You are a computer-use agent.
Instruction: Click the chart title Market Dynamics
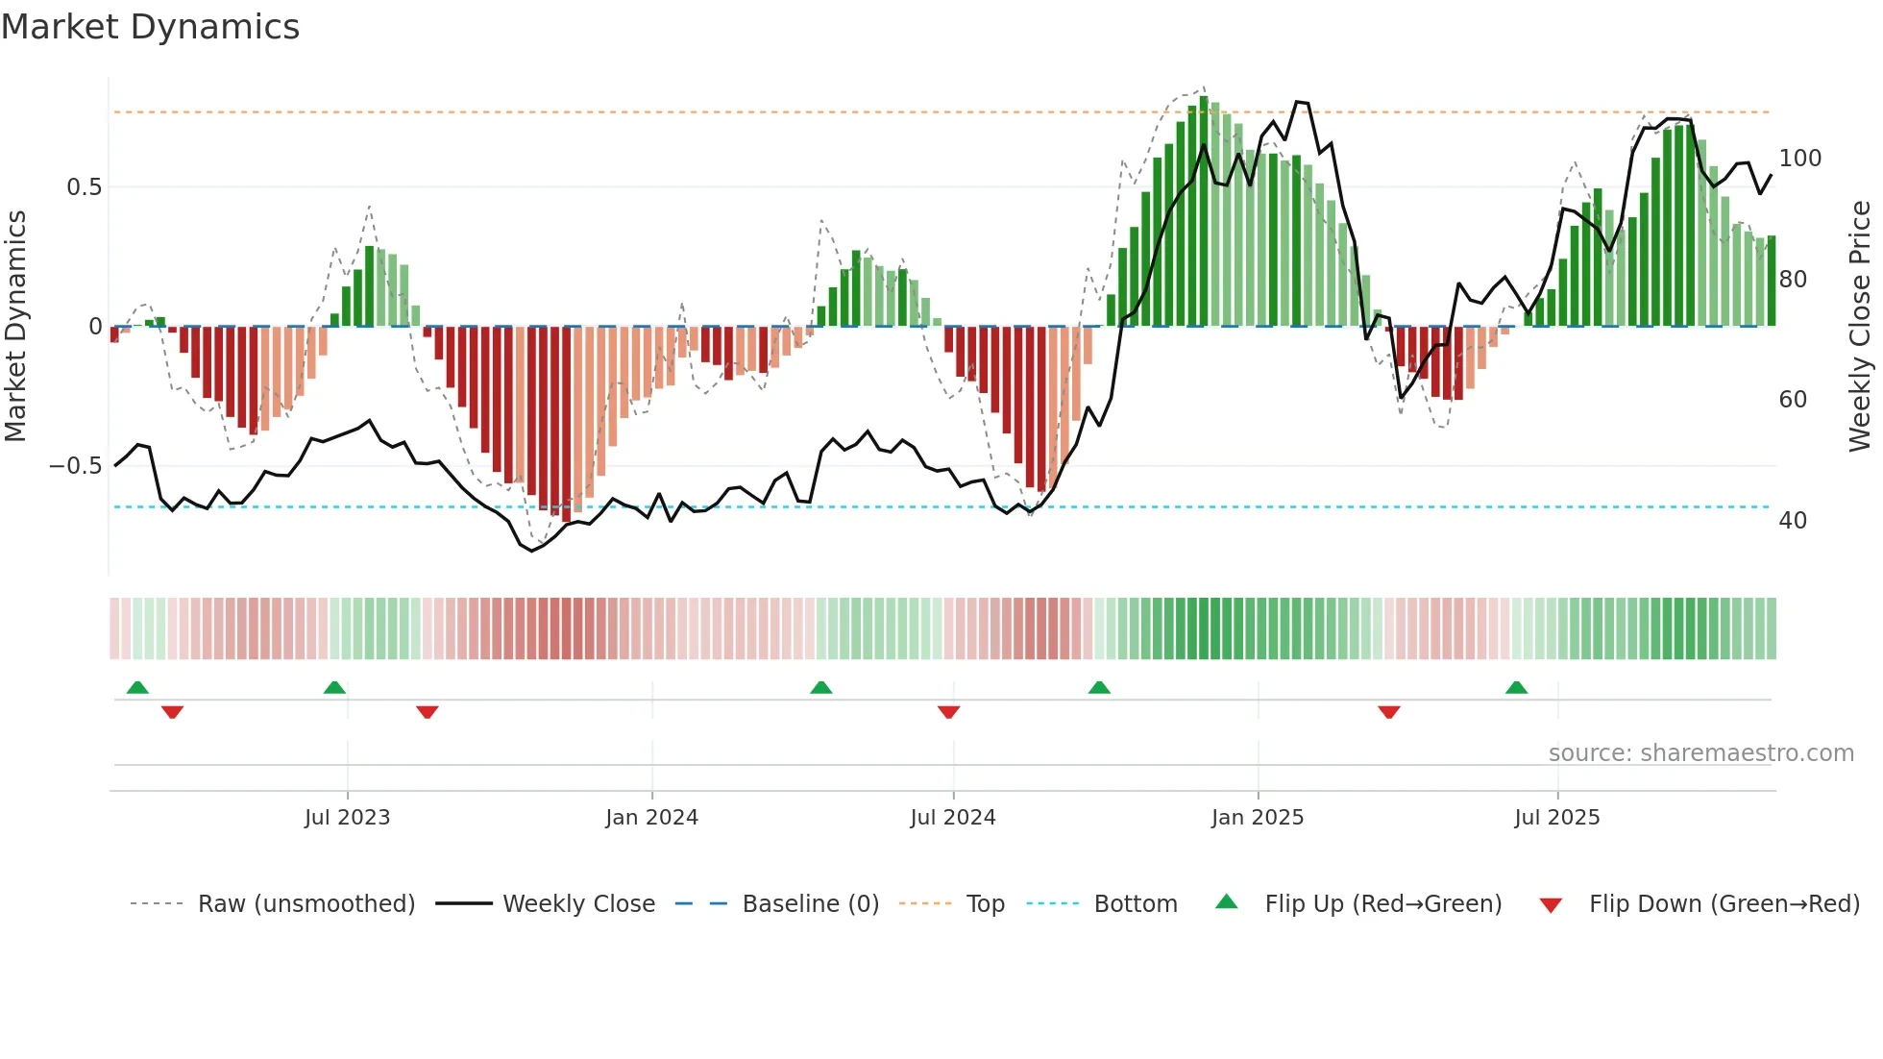pyautogui.click(x=151, y=27)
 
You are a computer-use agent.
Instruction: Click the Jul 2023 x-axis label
pyautogui.click(x=347, y=818)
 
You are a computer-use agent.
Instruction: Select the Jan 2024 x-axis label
pyautogui.click(x=651, y=818)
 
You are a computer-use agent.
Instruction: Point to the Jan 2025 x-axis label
pyautogui.click(x=1257, y=818)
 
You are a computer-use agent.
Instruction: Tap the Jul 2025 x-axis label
pyautogui.click(x=1556, y=818)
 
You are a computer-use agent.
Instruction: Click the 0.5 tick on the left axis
pyautogui.click(x=84, y=187)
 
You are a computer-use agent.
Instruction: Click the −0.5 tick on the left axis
pyautogui.click(x=76, y=466)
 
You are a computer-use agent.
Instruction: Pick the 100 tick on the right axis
pyautogui.click(x=1799, y=159)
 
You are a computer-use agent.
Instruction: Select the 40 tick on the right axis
pyautogui.click(x=1793, y=521)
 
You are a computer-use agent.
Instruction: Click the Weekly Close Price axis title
pyautogui.click(x=1860, y=327)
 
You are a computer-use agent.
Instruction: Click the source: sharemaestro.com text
pyautogui.click(x=1700, y=753)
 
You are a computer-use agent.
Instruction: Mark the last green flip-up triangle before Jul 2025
pyautogui.click(x=1516, y=688)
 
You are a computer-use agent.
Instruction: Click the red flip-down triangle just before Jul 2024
pyautogui.click(x=948, y=712)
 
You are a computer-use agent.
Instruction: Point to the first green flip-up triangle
pyautogui.click(x=137, y=688)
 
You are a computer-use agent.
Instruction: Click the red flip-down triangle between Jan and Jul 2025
pyautogui.click(x=1388, y=712)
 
